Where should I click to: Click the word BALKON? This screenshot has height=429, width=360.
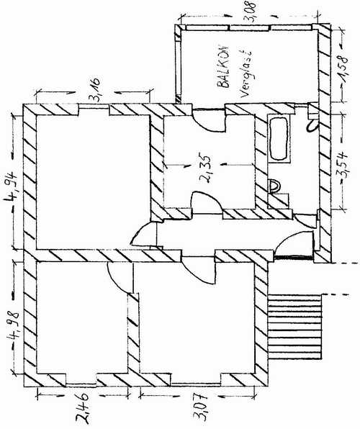[224, 66]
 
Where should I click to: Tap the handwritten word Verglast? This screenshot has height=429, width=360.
[245, 74]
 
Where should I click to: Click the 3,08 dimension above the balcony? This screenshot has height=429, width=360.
[251, 11]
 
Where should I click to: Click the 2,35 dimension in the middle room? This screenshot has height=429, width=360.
[206, 169]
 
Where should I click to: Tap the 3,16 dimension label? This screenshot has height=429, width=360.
[96, 89]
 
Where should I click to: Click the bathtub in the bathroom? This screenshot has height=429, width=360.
[279, 138]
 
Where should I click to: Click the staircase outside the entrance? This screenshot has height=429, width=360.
[294, 326]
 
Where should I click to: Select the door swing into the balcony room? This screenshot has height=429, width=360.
[210, 121]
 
